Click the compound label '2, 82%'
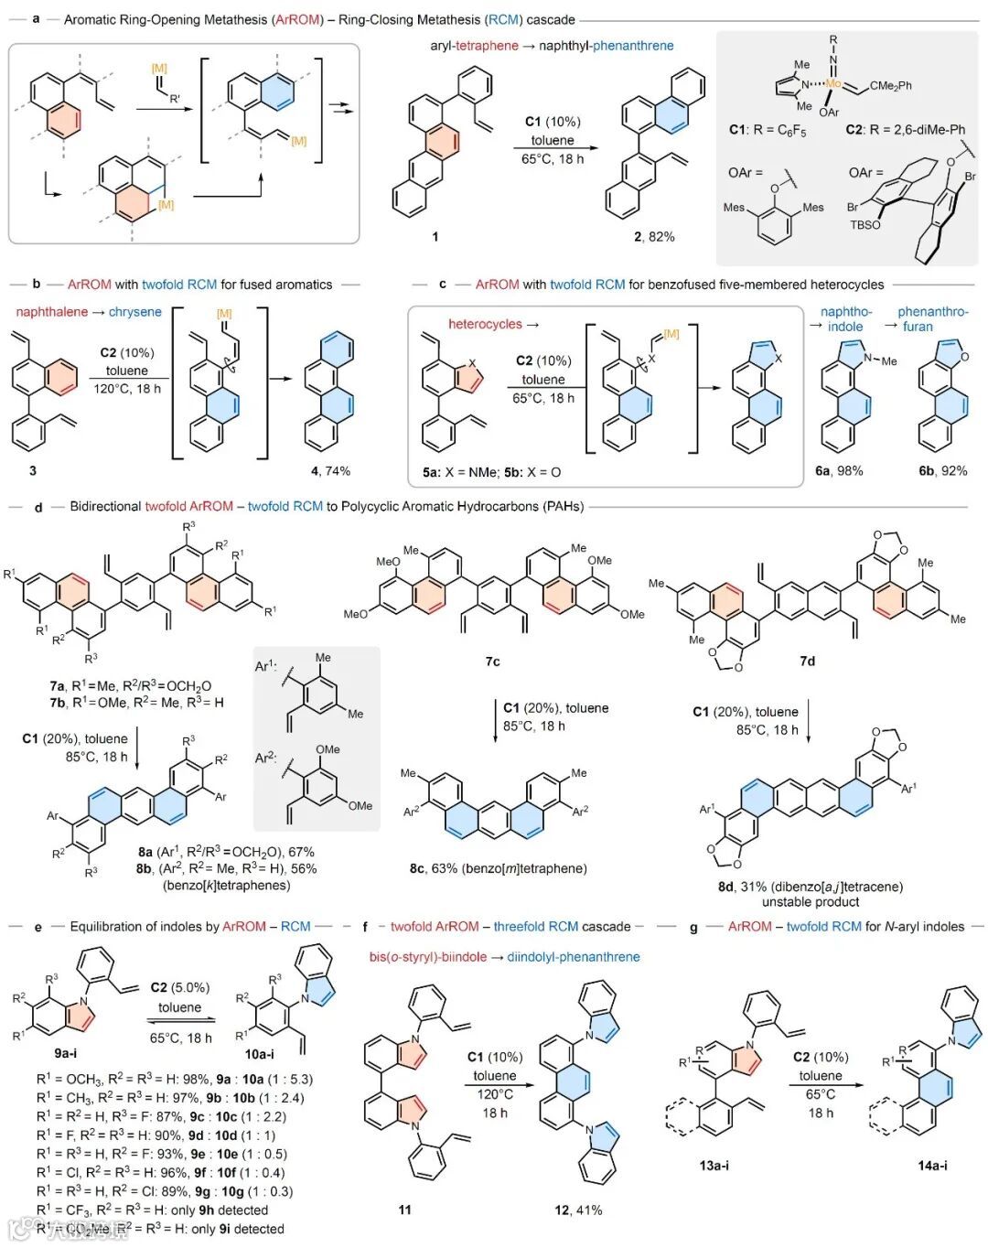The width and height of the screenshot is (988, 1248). pos(654,237)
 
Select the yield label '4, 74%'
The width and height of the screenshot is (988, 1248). pos(330,471)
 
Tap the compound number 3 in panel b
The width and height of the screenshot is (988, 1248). pos(33,471)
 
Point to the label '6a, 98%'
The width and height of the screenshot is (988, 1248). pos(839,471)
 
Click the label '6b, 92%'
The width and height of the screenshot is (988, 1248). pos(942,471)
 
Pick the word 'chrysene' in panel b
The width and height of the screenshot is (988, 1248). pos(134,312)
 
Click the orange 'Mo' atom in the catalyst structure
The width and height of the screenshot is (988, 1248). pos(833,83)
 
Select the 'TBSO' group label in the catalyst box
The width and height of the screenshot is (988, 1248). pos(865,224)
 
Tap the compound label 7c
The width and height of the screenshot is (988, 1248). pos(492,662)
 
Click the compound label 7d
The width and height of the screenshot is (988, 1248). pos(807,662)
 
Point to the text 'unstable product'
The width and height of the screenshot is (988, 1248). pos(807,902)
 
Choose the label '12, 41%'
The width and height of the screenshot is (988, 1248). pos(578,1210)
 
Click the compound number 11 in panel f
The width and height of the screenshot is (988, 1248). pos(404,1210)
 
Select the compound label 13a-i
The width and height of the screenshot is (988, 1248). pos(714,1166)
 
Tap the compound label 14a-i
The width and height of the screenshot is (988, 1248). pos(932,1166)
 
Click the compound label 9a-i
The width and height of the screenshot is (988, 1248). pos(66,1054)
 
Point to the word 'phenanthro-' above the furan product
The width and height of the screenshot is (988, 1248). pos(932,312)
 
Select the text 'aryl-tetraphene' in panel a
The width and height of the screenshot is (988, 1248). pos(474,46)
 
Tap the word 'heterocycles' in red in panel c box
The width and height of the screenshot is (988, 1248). pos(485,324)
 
